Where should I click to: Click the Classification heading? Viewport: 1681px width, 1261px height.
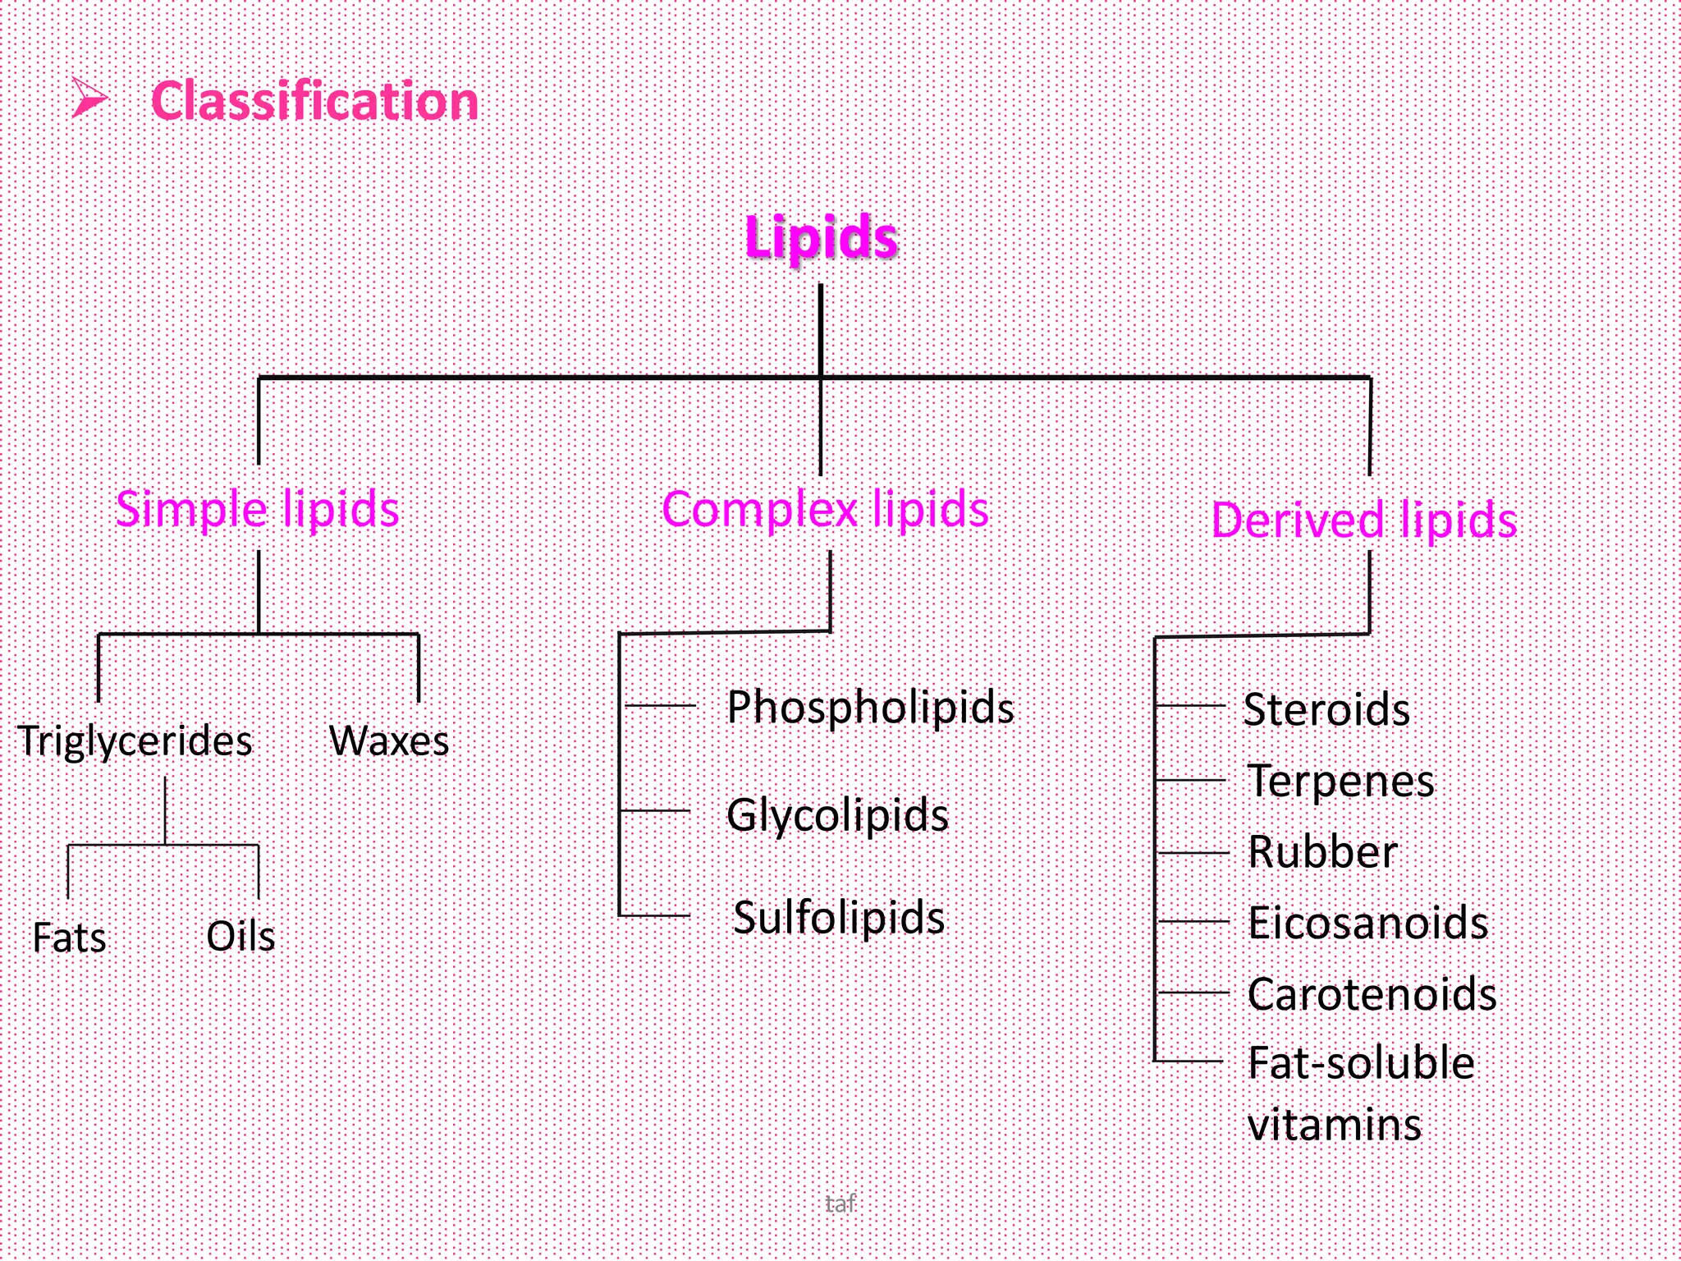coord(314,102)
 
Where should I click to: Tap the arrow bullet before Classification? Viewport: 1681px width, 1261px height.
coord(89,99)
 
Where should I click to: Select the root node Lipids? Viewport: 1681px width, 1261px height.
coord(821,237)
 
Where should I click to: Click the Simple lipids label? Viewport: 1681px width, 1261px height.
coord(257,509)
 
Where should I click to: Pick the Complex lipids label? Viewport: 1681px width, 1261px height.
coord(825,510)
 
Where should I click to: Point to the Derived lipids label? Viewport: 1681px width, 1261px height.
coord(1364,520)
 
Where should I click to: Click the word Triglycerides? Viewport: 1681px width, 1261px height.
coord(135,741)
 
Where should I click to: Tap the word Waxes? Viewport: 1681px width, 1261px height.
coord(389,741)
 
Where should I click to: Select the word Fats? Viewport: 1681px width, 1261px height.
coord(70,938)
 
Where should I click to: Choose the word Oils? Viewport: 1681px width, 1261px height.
coord(240,936)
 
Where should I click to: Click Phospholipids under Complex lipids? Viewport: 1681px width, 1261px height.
coord(870,708)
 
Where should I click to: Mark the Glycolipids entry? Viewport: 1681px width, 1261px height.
coord(837,815)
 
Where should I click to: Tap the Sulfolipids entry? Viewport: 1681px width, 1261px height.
coord(839,917)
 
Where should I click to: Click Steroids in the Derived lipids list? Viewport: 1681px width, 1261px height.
coord(1326,709)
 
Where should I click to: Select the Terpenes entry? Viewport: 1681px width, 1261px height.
coord(1341,781)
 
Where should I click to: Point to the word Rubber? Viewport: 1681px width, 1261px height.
coord(1322,851)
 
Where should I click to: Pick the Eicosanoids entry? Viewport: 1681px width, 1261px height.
coord(1368,923)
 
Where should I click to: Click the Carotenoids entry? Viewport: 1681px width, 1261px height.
coord(1372,994)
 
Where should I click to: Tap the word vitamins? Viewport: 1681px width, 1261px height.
coord(1335,1125)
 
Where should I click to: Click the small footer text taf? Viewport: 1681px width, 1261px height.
coord(840,1204)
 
